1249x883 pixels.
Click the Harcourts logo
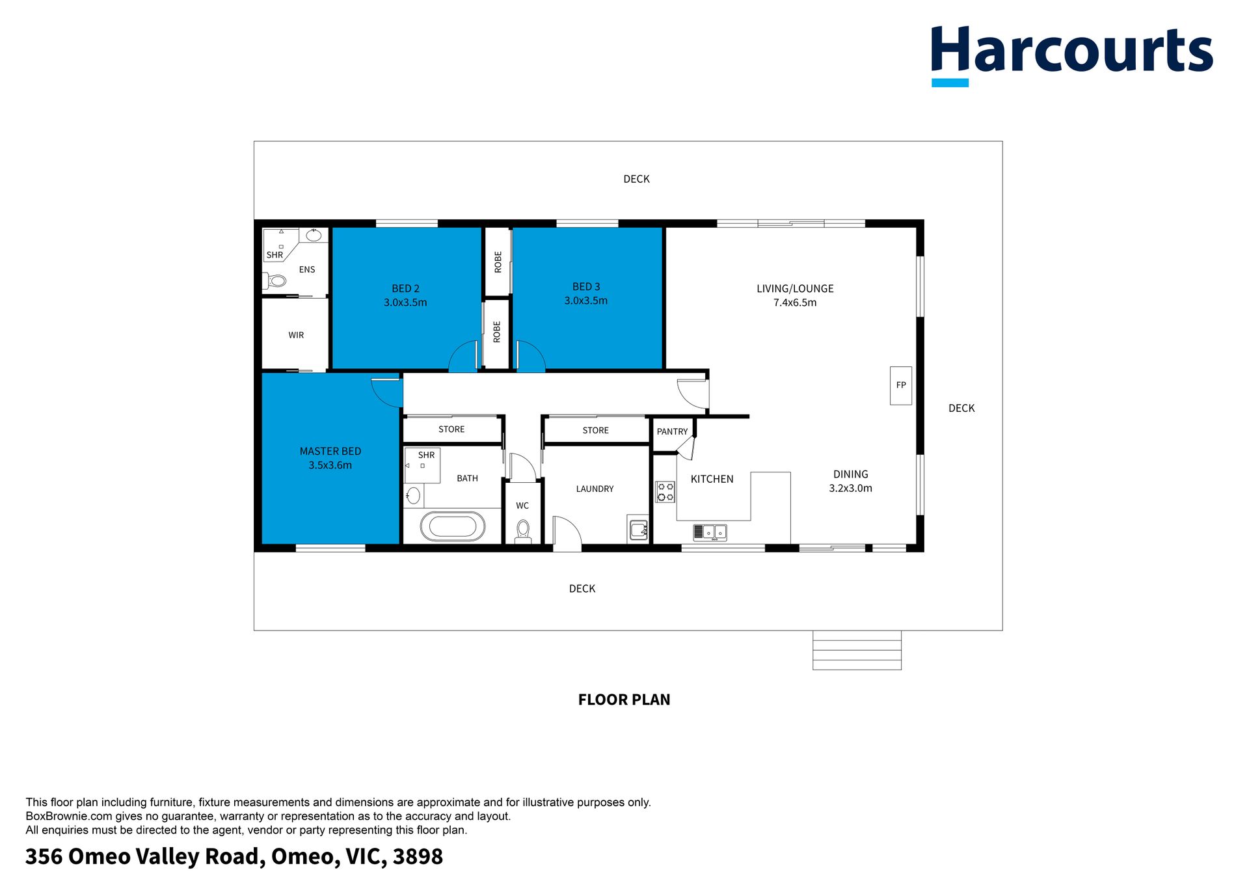(1071, 55)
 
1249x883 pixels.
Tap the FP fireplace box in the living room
(901, 385)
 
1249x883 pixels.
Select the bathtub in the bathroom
(453, 526)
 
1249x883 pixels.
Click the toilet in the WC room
(523, 531)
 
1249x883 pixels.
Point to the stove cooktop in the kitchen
(665, 492)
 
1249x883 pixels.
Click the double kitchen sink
(710, 532)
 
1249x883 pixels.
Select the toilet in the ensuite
(275, 281)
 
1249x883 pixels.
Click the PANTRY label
(672, 431)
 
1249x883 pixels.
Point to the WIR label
(296, 335)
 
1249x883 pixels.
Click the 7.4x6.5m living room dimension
(795, 303)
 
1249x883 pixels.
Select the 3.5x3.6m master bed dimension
(330, 465)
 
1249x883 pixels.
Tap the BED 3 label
(586, 286)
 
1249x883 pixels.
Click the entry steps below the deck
(857, 650)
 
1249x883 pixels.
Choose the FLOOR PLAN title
(624, 700)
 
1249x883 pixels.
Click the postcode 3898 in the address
(418, 856)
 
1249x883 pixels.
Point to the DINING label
(851, 474)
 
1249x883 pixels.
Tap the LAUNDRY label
(595, 489)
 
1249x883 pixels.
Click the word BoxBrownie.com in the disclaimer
(68, 816)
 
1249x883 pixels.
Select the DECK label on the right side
(961, 408)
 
